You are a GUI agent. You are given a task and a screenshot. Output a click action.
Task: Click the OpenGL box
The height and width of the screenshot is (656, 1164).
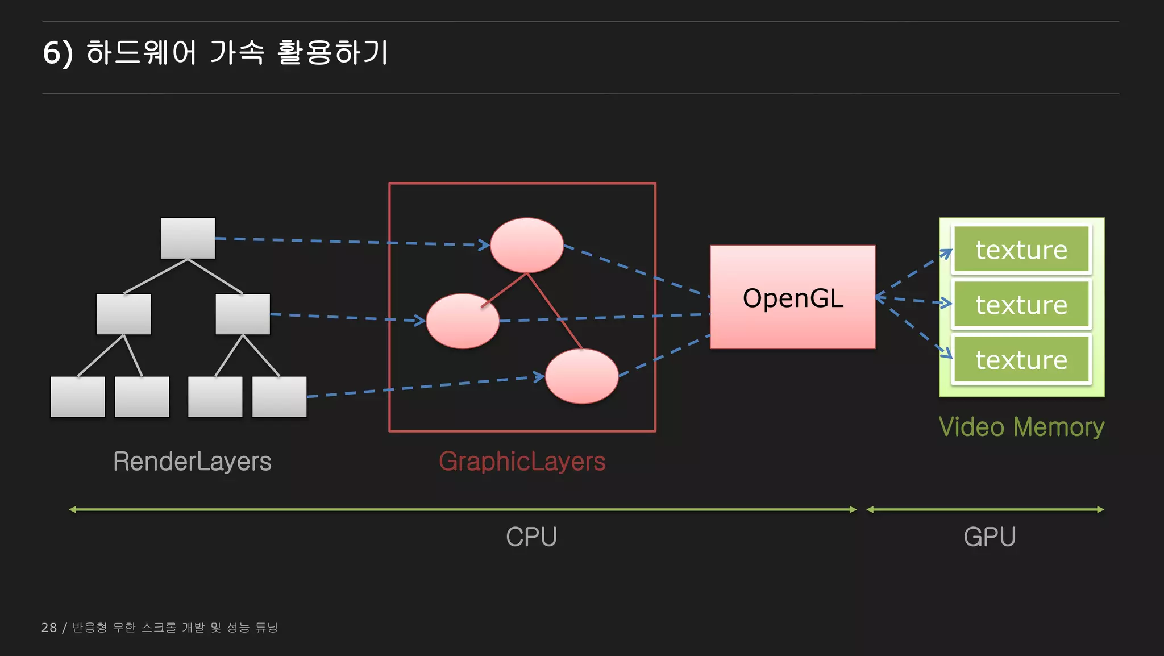click(792, 297)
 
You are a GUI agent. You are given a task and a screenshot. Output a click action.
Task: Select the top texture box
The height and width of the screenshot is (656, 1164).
click(1021, 250)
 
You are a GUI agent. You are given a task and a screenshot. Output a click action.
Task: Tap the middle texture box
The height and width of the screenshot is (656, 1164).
click(1021, 305)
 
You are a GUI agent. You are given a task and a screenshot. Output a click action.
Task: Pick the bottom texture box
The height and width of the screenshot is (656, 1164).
click(1021, 360)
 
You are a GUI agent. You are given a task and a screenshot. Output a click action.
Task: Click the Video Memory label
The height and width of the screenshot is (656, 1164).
click(1021, 427)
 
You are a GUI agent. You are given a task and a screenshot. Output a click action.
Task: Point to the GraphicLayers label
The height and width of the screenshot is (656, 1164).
click(522, 461)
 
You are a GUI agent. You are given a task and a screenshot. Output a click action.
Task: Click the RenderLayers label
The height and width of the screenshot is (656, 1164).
click(192, 461)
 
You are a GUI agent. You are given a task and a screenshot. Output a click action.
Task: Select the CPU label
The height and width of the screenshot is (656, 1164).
click(531, 537)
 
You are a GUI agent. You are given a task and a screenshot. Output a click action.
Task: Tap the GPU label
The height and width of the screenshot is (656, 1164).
click(990, 537)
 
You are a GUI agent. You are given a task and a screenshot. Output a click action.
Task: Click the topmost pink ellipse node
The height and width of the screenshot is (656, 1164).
click(527, 245)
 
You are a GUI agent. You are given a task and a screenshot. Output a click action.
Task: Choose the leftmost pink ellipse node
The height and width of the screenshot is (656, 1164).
click(463, 321)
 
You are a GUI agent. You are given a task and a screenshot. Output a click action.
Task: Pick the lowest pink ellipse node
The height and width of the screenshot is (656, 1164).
click(581, 376)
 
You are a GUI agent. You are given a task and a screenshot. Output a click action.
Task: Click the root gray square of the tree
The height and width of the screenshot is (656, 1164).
click(188, 238)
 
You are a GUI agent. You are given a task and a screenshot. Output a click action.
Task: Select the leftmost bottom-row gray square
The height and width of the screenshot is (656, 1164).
click(78, 397)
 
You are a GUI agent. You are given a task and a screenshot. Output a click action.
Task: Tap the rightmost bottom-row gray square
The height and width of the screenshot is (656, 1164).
click(279, 397)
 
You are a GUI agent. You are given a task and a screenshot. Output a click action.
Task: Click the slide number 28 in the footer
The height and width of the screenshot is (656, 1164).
click(49, 628)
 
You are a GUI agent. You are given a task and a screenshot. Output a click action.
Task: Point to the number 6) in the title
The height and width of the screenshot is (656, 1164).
click(58, 53)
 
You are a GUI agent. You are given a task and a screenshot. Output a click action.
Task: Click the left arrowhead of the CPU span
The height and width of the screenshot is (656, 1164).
click(72, 510)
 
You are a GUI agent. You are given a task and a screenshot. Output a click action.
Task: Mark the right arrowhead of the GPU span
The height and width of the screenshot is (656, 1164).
click(1101, 510)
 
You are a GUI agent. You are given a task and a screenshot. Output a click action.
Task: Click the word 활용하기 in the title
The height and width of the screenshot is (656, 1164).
click(332, 52)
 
